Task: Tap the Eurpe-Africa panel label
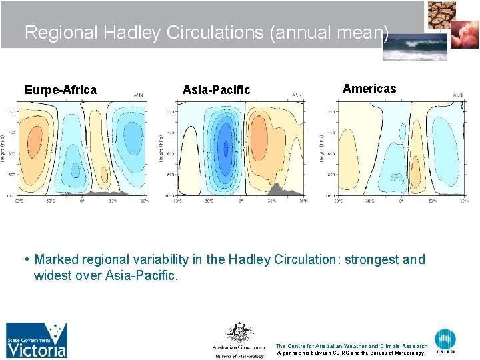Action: [60, 89]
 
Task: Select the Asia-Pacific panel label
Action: [216, 89]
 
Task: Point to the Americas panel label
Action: [369, 88]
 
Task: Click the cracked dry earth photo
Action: [443, 13]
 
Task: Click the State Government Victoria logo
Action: [37, 340]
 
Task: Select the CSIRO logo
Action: [445, 341]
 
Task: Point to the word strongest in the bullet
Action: [373, 259]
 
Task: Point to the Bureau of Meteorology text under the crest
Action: [239, 355]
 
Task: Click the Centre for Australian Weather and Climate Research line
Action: [351, 346]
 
